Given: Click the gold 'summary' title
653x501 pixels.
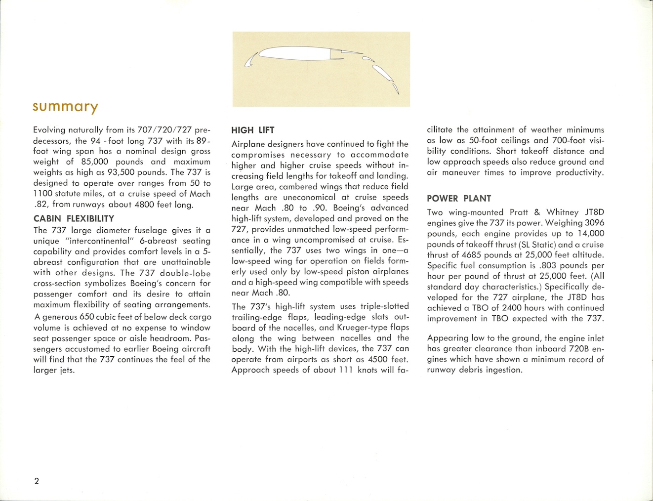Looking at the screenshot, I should (x=65, y=107).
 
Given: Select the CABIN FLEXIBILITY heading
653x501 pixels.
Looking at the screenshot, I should (x=74, y=218).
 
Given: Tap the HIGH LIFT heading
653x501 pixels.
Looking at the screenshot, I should (x=252, y=130).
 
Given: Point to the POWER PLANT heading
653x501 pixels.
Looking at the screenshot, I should (x=459, y=199).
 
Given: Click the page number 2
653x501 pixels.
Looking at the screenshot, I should (x=37, y=481).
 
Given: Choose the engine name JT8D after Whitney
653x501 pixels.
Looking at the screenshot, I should (x=594, y=212).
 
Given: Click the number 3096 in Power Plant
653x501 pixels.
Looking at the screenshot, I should (x=594, y=223).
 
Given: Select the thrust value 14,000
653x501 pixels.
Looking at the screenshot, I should (x=590, y=234).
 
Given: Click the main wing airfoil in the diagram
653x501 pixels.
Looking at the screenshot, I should (x=296, y=53).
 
